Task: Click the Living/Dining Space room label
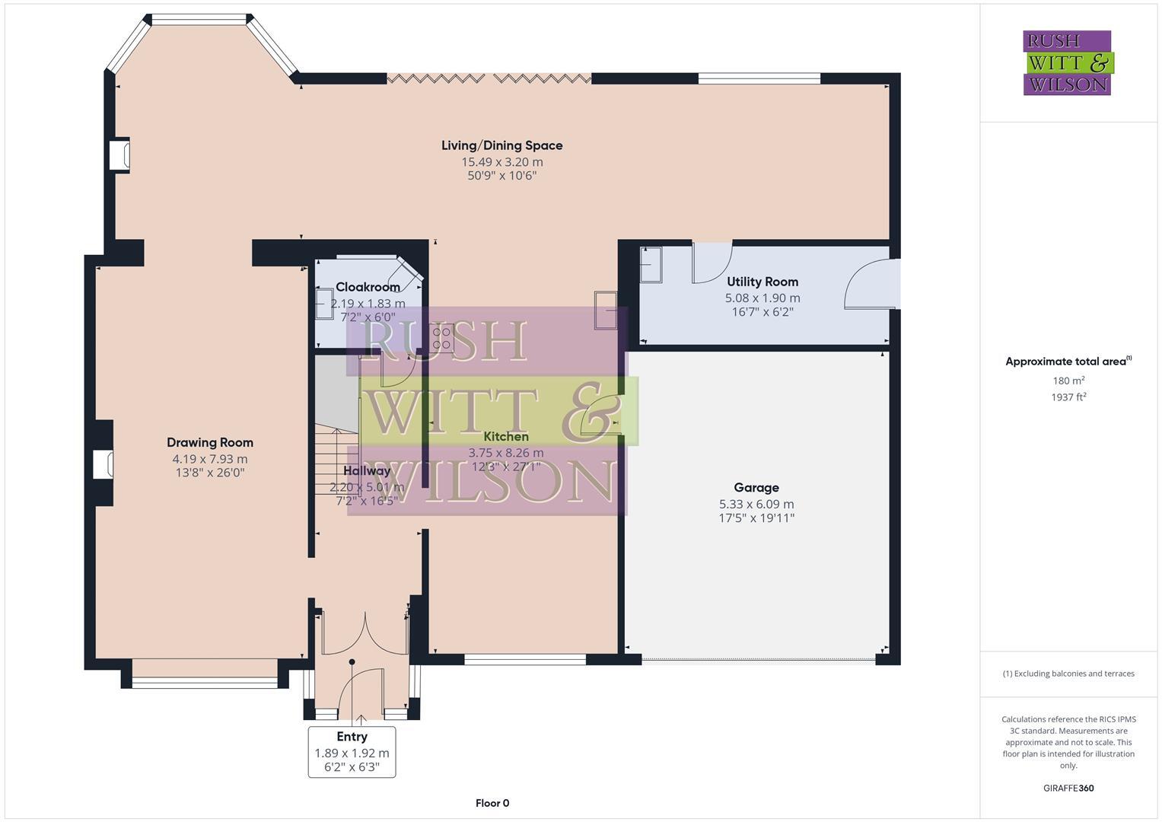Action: (501, 145)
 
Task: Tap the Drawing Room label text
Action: (210, 442)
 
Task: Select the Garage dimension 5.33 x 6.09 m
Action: (756, 504)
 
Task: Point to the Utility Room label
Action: (762, 282)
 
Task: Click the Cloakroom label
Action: (368, 287)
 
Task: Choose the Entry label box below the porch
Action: (352, 751)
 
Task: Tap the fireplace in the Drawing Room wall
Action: (103, 464)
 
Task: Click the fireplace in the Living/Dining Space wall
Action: (119, 155)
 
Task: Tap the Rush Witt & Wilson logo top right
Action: (1067, 63)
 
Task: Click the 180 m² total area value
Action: (1068, 381)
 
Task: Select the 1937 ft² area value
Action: (1068, 397)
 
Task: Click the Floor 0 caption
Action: (492, 803)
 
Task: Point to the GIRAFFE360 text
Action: (1068, 788)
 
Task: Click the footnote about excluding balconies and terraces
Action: (1068, 674)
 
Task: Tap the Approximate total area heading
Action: (1068, 362)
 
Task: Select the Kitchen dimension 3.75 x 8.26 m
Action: (505, 453)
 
